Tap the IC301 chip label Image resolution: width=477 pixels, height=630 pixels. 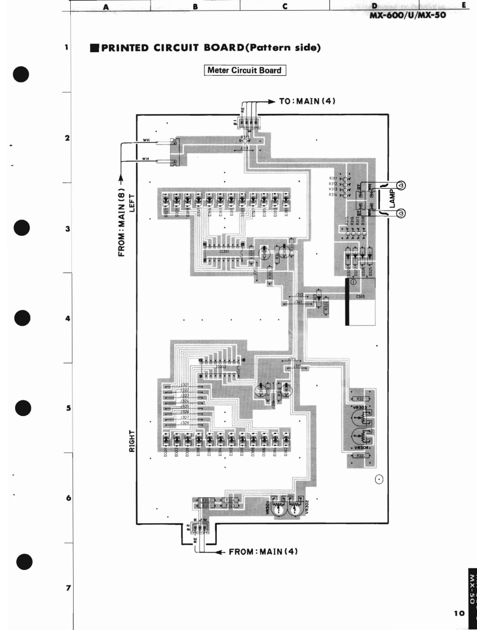click(x=224, y=252)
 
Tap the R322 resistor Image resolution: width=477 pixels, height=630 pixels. click(x=360, y=455)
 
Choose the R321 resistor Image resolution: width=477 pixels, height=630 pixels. click(x=361, y=399)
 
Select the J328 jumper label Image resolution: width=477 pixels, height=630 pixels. click(x=184, y=422)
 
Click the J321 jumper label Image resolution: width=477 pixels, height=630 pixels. click(x=184, y=385)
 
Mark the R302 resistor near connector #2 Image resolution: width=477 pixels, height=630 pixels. click(x=206, y=500)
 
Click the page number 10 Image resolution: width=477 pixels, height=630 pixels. click(x=460, y=613)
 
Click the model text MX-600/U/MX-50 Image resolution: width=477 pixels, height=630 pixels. click(x=407, y=15)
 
